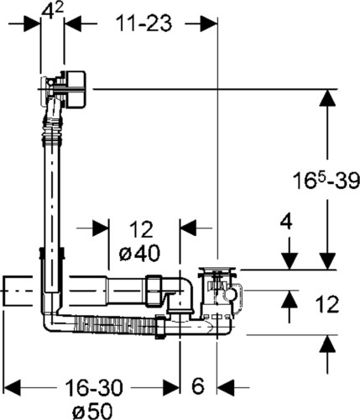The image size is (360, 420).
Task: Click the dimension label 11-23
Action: pos(143,23)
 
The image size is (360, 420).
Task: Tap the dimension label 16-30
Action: pos(94,387)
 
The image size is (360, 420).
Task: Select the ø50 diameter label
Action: pos(92,411)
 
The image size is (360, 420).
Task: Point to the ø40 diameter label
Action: pos(139,253)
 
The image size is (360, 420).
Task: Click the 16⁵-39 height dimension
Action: pos(326,180)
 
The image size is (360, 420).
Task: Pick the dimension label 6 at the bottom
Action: pos(198,386)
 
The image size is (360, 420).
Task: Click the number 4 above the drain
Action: pos(286,222)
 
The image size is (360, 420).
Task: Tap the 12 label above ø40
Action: pos(141,229)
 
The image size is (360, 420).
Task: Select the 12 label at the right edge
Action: pos(327,304)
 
